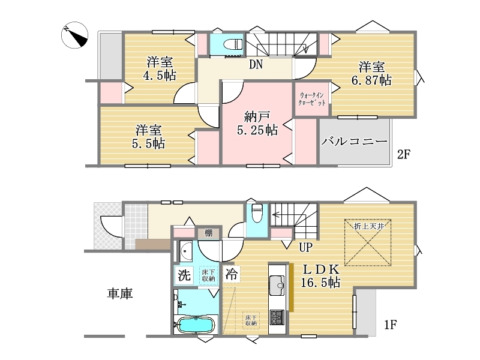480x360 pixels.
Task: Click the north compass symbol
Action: pyautogui.click(x=74, y=35)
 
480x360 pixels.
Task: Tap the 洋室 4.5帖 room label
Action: pyautogui.click(x=160, y=68)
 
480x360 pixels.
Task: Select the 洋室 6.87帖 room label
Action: pyautogui.click(x=371, y=73)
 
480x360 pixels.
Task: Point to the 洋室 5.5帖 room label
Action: pyautogui.click(x=149, y=137)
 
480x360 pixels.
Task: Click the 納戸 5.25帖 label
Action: pyautogui.click(x=257, y=124)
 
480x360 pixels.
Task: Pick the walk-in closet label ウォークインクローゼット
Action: pyautogui.click(x=312, y=99)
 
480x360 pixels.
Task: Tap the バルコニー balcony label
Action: pyautogui.click(x=355, y=142)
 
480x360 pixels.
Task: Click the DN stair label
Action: pyautogui.click(x=256, y=64)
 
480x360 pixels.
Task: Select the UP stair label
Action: pyautogui.click(x=305, y=247)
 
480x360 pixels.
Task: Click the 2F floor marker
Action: pyautogui.click(x=403, y=154)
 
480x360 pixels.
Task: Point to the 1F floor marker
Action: pyautogui.click(x=391, y=325)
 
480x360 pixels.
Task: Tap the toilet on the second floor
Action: pyautogui.click(x=233, y=45)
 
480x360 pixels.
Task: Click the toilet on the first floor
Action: pyautogui.click(x=257, y=212)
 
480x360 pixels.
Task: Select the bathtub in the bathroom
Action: pyautogui.click(x=196, y=325)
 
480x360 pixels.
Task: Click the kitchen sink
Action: pyautogui.click(x=277, y=286)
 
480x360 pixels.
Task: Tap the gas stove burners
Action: pyautogui.click(x=277, y=317)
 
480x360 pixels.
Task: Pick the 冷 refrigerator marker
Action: pyautogui.click(x=232, y=274)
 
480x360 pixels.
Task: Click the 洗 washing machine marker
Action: pyautogui.click(x=184, y=275)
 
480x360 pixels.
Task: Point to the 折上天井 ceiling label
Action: pyautogui.click(x=369, y=227)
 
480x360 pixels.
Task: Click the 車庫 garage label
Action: pyautogui.click(x=119, y=293)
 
